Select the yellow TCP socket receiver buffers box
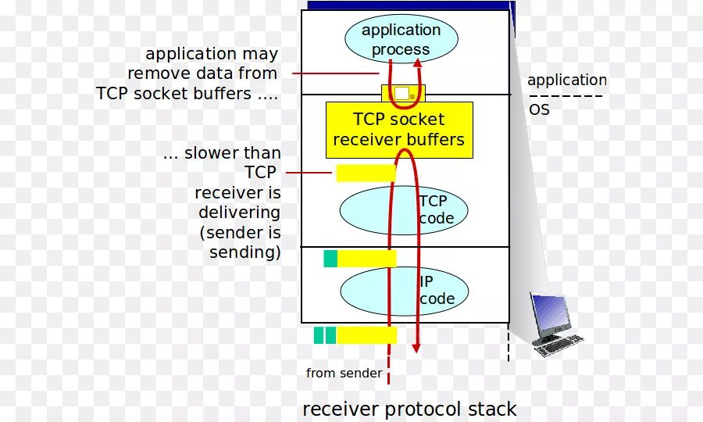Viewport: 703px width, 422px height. coord(398,130)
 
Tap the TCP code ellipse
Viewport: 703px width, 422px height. coord(403,210)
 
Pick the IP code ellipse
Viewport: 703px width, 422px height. coord(403,289)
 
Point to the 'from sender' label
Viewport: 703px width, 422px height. coord(344,373)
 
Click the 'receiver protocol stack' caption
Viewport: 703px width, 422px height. coord(409,409)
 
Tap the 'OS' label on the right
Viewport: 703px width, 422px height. coord(540,110)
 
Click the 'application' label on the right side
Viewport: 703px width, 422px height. coord(566,80)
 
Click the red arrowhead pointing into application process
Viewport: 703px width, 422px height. coord(422,52)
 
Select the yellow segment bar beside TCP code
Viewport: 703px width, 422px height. coord(366,173)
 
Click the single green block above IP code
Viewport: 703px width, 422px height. coord(330,259)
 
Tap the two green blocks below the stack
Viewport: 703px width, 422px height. coord(324,335)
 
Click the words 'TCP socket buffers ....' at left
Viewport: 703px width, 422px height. coord(187,93)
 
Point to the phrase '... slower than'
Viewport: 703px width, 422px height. coord(222,153)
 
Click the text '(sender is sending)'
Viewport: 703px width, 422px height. coord(240,242)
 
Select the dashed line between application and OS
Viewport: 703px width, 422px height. coord(566,96)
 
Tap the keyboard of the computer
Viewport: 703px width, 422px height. coord(559,343)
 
